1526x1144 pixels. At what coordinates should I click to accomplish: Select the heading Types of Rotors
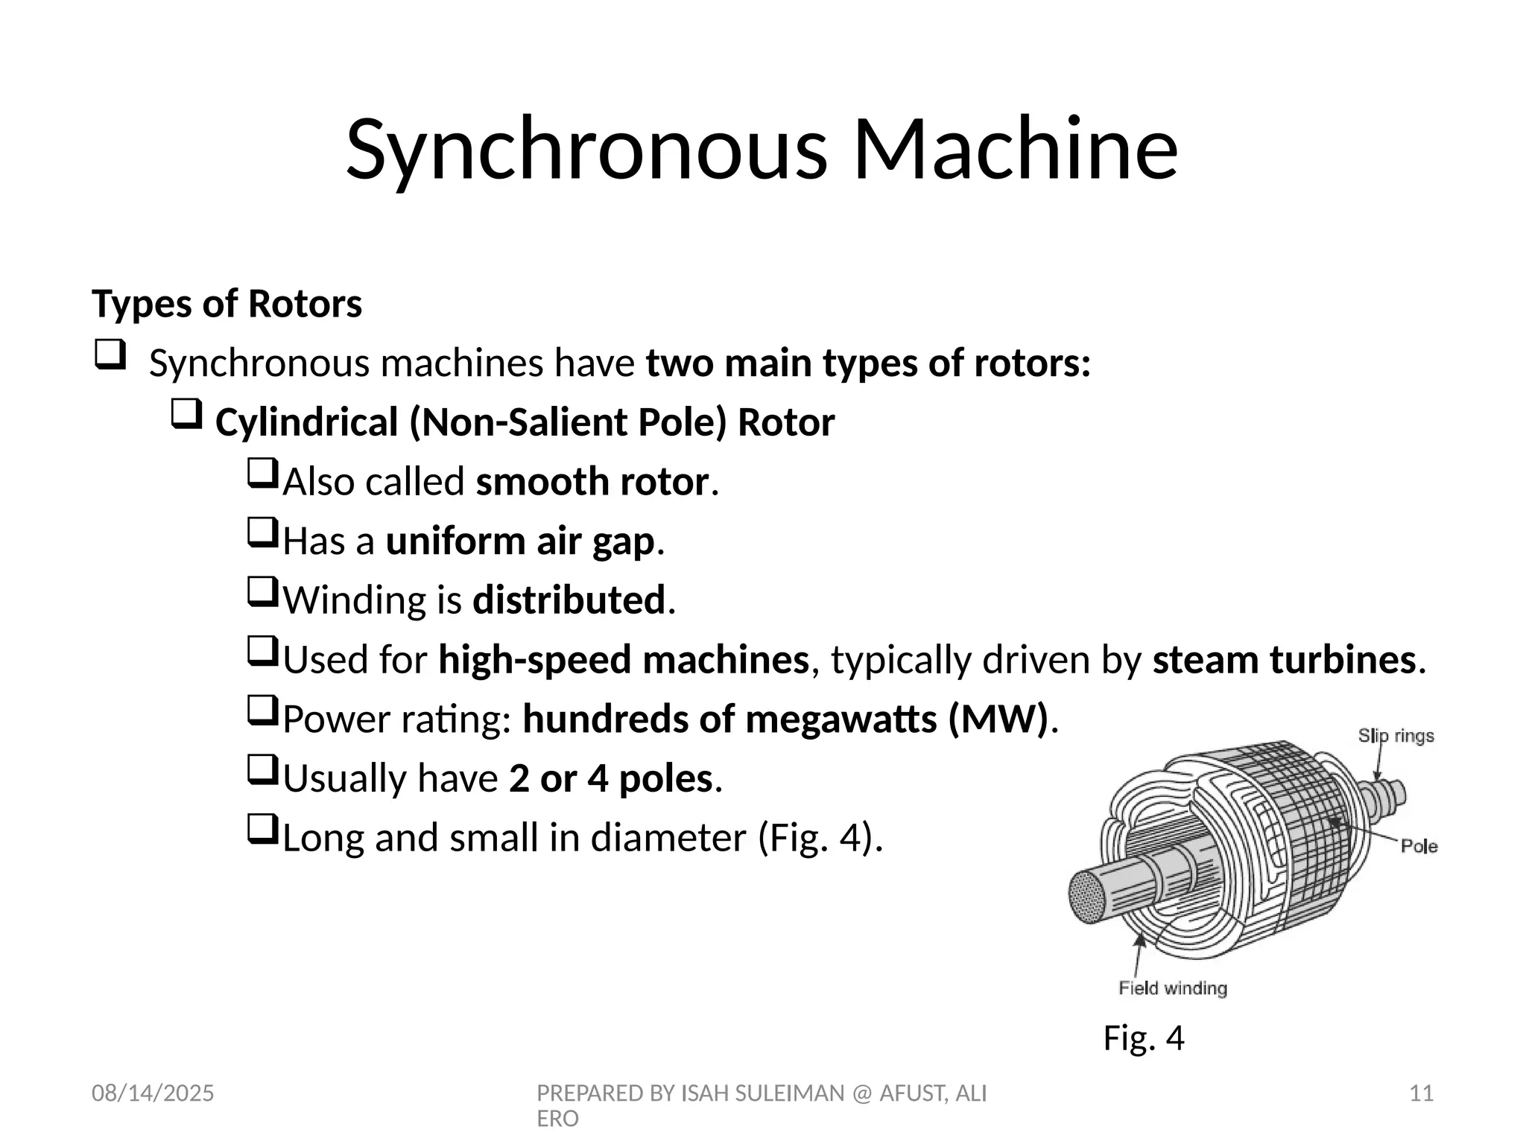tap(227, 304)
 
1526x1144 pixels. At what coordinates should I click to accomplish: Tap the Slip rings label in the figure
tap(1396, 736)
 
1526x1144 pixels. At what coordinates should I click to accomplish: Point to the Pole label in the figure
tap(1419, 846)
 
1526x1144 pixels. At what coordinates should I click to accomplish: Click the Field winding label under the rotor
tap(1173, 988)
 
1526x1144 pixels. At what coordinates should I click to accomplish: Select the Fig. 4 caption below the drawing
tap(1144, 1037)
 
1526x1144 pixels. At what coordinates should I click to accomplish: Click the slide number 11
tap(1422, 1093)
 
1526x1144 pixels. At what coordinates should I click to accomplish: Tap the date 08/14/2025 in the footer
tap(153, 1093)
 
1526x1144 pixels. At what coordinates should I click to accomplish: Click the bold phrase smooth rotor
tap(592, 482)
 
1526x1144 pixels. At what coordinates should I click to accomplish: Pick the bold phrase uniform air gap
tap(520, 541)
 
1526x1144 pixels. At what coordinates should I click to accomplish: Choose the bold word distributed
tap(569, 600)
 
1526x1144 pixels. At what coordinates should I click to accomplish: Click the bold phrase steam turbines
tap(1284, 660)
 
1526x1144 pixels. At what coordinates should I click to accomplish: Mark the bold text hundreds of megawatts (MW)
tap(785, 719)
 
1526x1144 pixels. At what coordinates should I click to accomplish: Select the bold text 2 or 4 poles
tap(611, 779)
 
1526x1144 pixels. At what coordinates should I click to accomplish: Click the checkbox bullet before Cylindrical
tap(186, 413)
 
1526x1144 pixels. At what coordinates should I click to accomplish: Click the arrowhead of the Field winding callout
tap(1139, 940)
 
